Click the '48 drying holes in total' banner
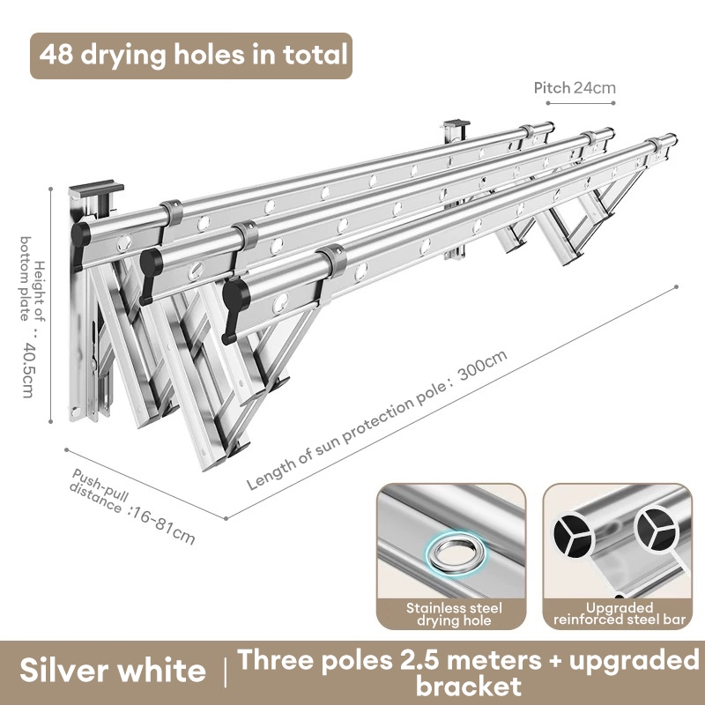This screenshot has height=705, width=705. [x=191, y=56]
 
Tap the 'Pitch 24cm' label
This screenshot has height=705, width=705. [x=575, y=87]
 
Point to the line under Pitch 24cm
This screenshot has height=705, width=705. [x=581, y=103]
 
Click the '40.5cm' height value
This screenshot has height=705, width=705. [x=28, y=370]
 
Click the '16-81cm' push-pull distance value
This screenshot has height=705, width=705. [x=162, y=524]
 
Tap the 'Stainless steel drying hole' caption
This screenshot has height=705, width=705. [x=454, y=614]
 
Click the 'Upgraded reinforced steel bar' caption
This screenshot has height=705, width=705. [x=620, y=613]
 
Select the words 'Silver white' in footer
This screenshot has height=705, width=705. [x=113, y=670]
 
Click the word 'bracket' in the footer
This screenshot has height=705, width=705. [x=469, y=686]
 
